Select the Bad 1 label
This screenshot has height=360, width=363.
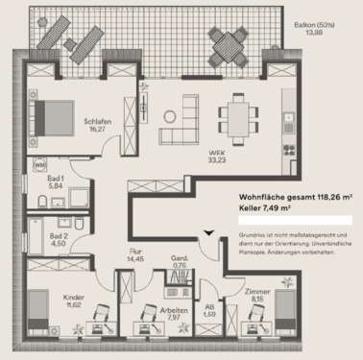coord(56,181)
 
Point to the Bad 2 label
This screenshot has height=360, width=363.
coord(59,236)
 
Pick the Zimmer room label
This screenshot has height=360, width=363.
coord(256,294)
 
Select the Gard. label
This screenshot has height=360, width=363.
coord(179,258)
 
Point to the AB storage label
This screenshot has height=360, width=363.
coord(209,308)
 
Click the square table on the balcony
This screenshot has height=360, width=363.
coord(230,41)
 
